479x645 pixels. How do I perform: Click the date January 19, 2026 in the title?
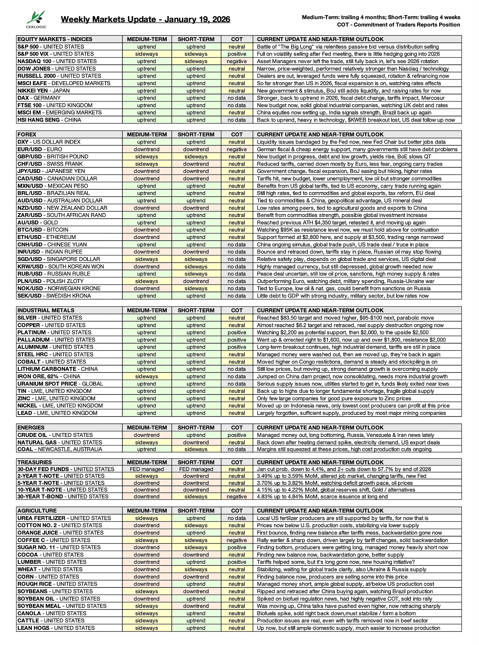click(x=197, y=19)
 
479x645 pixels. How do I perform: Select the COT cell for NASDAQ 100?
click(x=237, y=61)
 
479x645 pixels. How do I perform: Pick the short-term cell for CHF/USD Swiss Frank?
click(x=196, y=164)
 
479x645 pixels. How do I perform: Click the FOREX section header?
click(x=27, y=134)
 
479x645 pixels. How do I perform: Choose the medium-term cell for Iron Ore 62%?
click(x=146, y=376)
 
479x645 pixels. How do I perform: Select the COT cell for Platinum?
click(x=237, y=332)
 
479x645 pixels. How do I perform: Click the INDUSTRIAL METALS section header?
click(x=46, y=310)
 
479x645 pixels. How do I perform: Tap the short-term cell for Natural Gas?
click(x=196, y=442)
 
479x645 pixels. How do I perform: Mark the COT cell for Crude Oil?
click(x=237, y=435)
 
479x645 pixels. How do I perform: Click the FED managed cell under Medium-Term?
click(x=146, y=469)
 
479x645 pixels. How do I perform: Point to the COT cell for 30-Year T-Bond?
click(x=237, y=496)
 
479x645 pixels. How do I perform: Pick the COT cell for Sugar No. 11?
click(x=237, y=547)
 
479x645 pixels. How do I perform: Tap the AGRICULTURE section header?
click(x=37, y=511)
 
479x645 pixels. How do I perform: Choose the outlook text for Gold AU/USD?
click(x=345, y=223)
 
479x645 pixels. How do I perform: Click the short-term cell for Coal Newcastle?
click(x=196, y=449)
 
